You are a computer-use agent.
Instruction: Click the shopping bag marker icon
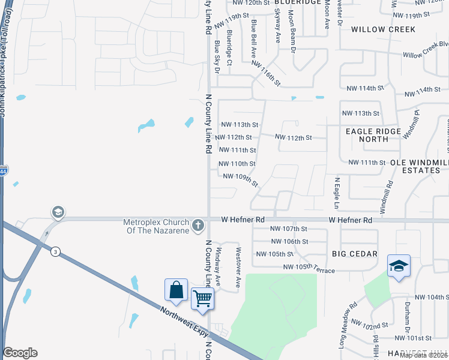tap(176, 290)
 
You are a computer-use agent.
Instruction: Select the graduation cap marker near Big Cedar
tap(399, 265)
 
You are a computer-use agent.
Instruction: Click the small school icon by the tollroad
tap(58, 212)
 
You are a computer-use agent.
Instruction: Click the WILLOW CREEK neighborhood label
tap(383, 29)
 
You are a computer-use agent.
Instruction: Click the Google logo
tap(20, 353)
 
